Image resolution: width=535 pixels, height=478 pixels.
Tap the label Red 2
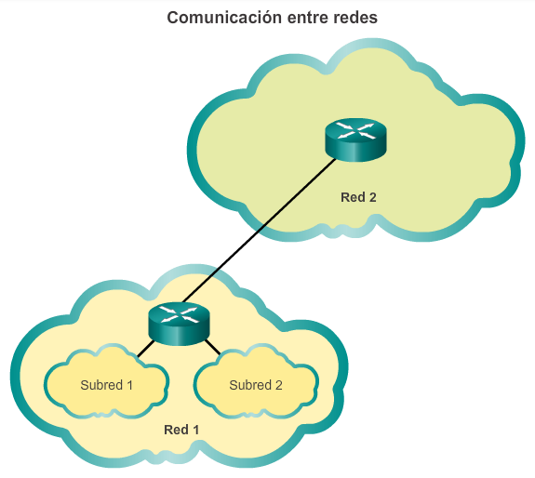[x=358, y=197]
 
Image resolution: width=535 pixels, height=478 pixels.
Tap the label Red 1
[x=181, y=430]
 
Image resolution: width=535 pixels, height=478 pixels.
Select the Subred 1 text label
[x=107, y=385]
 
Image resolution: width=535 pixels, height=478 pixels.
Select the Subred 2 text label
[x=256, y=385]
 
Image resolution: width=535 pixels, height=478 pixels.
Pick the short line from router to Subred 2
[x=213, y=351]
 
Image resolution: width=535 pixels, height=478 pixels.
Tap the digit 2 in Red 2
[x=372, y=197]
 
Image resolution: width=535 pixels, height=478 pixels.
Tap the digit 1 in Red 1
[x=195, y=430]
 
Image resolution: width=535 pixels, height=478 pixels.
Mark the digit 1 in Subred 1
[x=130, y=385]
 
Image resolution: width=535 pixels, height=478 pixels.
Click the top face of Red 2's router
[x=354, y=129]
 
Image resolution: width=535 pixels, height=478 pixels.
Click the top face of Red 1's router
[x=179, y=314]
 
